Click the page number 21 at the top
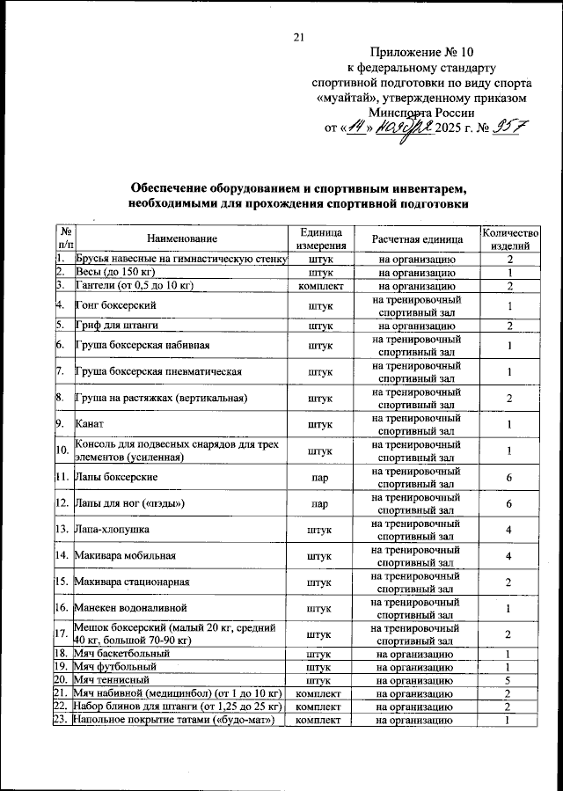coord(297,37)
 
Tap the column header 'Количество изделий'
coord(509,238)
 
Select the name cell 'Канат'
coord(92,425)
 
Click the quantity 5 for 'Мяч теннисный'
coord(509,680)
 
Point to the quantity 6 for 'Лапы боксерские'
coord(509,477)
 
